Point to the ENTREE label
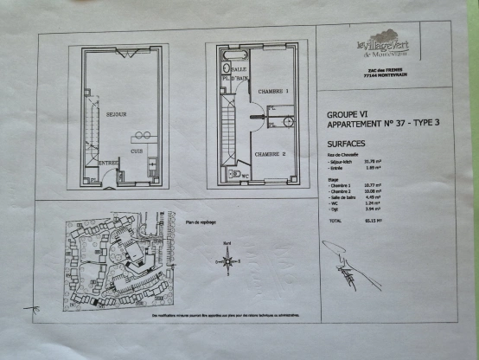pyautogui.click(x=108, y=163)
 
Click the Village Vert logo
pyautogui.click(x=382, y=45)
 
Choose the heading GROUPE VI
pyautogui.click(x=346, y=113)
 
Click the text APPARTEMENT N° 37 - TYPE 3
pyautogui.click(x=382, y=124)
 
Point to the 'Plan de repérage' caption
pyautogui.click(x=201, y=221)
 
